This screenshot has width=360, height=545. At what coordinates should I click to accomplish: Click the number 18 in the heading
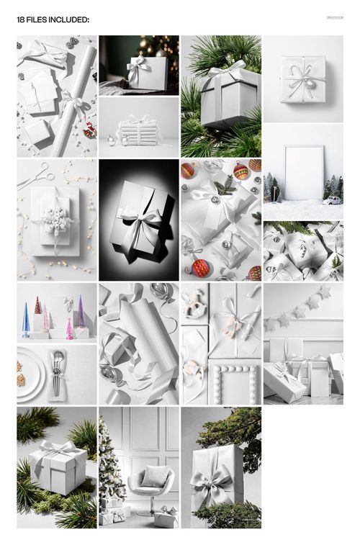[x=21, y=20]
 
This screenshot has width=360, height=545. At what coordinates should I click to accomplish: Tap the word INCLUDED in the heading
[x=69, y=20]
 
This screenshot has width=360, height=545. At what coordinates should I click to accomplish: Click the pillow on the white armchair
[x=153, y=476]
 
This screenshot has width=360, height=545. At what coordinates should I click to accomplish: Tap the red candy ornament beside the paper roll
[x=89, y=130]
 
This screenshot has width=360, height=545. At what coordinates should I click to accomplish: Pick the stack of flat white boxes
[x=138, y=132]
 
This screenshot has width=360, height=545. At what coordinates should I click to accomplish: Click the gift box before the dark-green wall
[x=147, y=73]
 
